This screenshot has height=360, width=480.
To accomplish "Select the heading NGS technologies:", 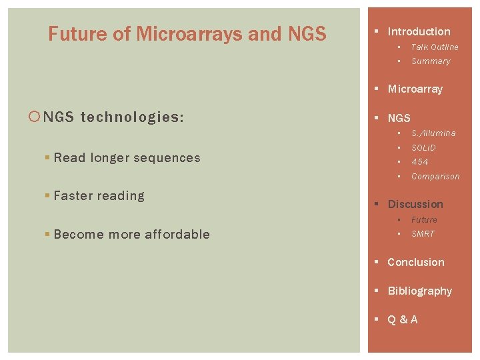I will [113, 118].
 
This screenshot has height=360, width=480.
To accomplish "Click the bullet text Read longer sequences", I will [127, 158].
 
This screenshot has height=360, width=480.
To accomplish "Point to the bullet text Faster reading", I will [99, 196].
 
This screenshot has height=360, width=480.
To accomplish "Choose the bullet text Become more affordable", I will [131, 235].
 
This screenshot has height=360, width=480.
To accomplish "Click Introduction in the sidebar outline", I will [419, 31].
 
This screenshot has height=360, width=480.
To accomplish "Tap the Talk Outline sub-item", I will [435, 47].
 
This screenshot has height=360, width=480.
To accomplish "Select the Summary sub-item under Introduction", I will [431, 61].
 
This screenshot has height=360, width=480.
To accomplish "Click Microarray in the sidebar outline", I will [415, 89].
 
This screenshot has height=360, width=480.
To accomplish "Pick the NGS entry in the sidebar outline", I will [399, 118].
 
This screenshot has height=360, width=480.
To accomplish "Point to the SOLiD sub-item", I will [423, 148].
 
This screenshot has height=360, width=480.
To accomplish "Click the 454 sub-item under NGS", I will [419, 162].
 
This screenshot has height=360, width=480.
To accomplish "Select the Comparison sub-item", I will [435, 177].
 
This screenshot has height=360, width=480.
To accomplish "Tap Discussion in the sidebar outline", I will [415, 204].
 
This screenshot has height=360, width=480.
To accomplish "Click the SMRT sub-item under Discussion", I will [423, 234].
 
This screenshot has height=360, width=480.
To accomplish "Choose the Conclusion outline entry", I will [415, 263].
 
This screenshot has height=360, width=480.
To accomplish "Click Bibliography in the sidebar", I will [419, 291].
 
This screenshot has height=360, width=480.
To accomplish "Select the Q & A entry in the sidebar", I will [403, 320].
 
